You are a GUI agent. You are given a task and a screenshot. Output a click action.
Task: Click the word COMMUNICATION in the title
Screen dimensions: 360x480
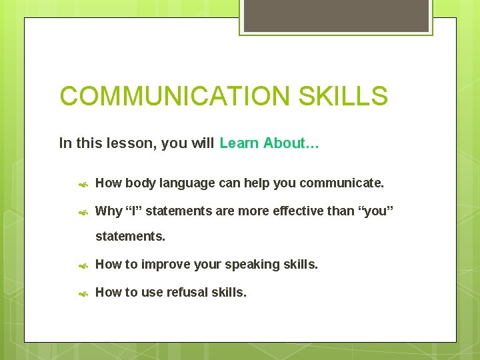[x=175, y=96]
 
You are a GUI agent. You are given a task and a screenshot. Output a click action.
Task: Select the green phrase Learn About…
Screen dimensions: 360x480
[x=269, y=143]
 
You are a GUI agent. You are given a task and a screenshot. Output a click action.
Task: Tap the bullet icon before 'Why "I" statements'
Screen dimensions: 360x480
[x=83, y=212]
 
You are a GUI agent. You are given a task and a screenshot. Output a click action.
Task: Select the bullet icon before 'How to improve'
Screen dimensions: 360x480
[x=83, y=265]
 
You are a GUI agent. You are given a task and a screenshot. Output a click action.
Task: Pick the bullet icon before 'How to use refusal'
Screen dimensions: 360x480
[x=83, y=293]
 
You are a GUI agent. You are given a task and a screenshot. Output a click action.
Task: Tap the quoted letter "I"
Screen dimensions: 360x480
[x=134, y=211]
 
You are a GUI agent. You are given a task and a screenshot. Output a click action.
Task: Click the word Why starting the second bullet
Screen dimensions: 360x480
[x=109, y=211]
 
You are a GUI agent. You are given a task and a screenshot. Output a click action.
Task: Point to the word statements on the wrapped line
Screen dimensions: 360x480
[x=130, y=237]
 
